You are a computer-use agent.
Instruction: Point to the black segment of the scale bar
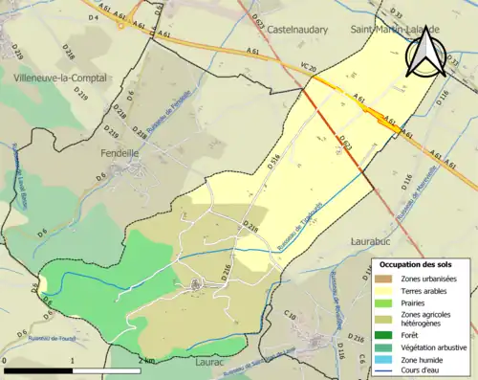[38, 370]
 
